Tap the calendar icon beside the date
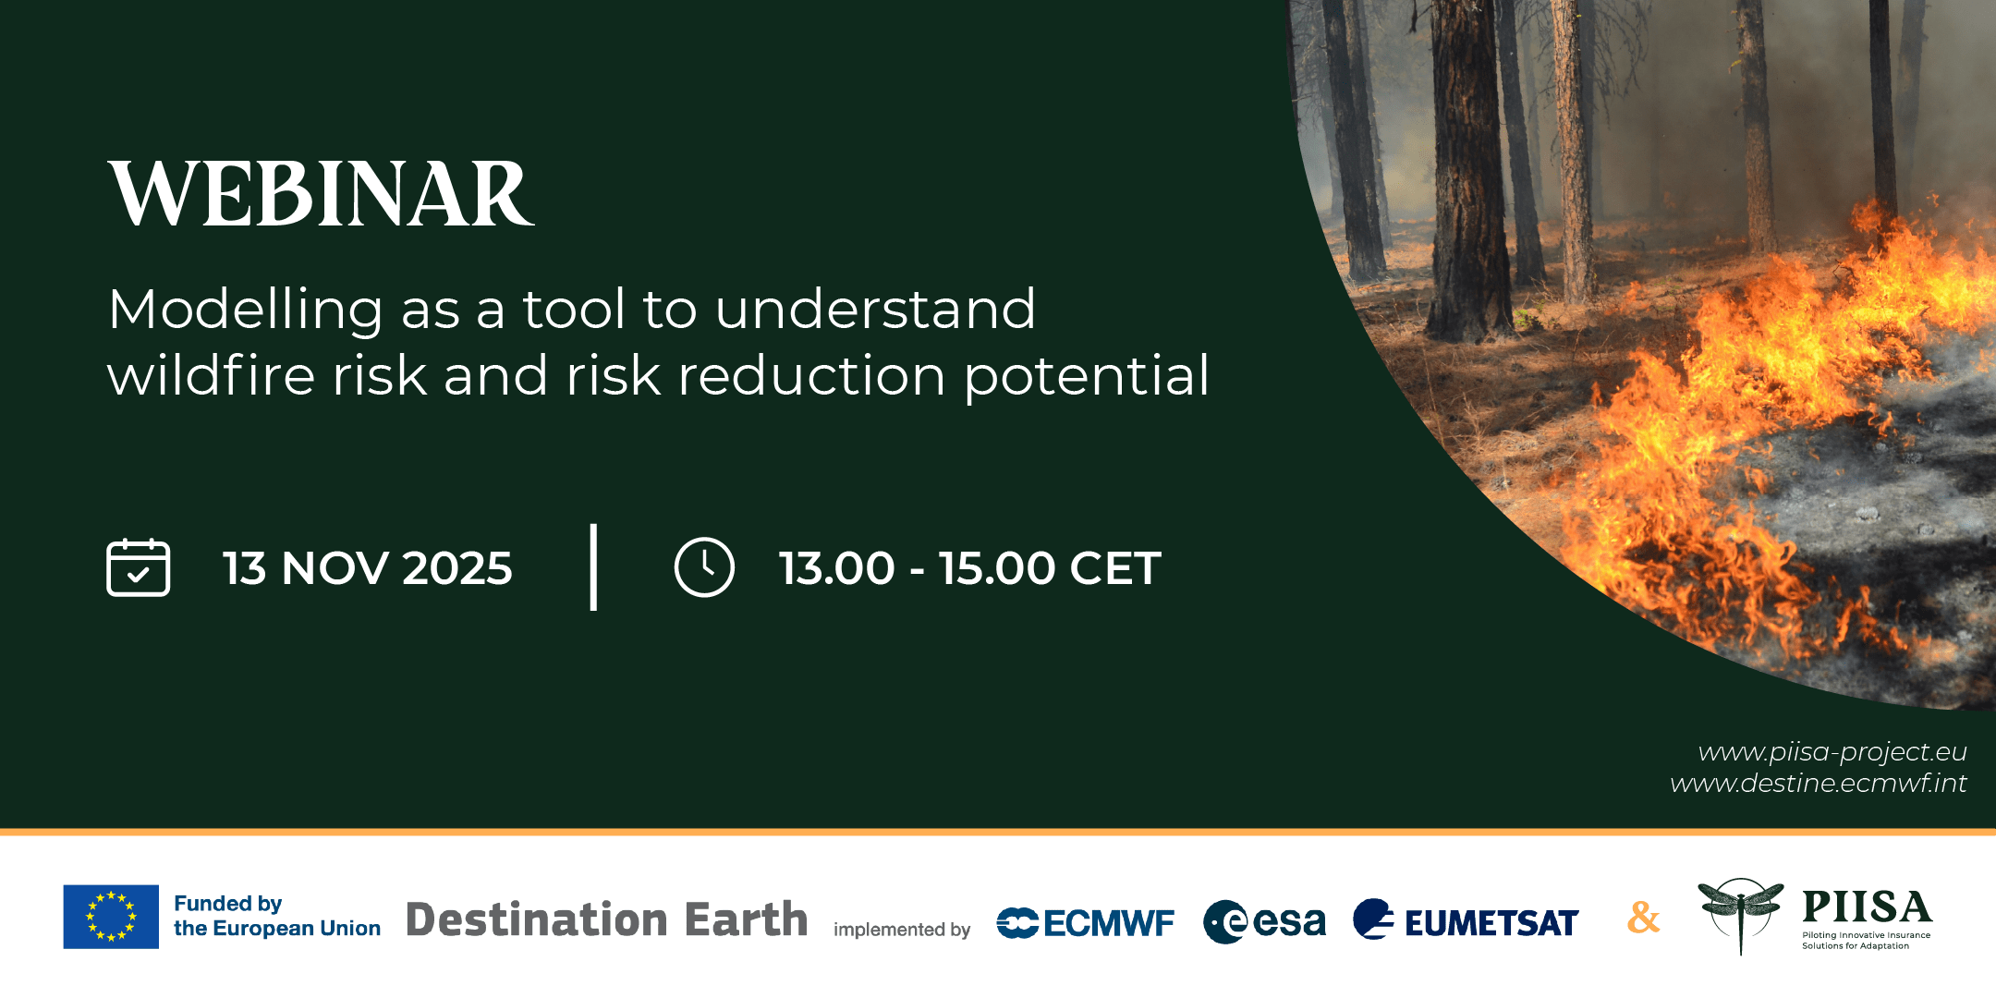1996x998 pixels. [139, 567]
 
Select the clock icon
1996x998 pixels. [704, 567]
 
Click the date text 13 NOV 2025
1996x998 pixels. [367, 567]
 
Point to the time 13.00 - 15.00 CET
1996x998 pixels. [969, 567]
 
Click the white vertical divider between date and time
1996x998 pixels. [593, 566]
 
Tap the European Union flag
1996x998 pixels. [111, 917]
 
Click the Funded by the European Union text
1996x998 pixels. [276, 916]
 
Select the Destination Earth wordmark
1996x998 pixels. [606, 919]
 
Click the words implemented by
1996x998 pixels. [902, 930]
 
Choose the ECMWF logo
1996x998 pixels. [1086, 922]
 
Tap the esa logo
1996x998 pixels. [1264, 921]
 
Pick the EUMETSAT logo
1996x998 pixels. [1466, 920]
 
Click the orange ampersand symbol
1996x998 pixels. [1643, 917]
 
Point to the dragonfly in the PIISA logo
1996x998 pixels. [1740, 911]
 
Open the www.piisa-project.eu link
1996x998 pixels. [1832, 752]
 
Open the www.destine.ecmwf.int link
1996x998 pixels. [1818, 784]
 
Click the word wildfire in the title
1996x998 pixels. [212, 376]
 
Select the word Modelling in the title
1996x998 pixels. [245, 310]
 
